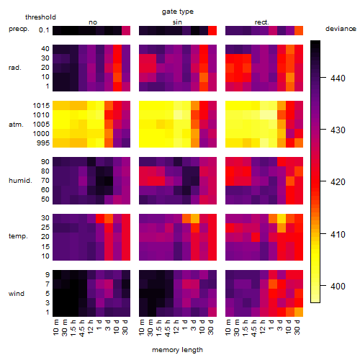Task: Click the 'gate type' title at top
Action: click(x=178, y=12)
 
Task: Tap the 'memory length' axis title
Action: click(x=177, y=350)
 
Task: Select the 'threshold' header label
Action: click(x=40, y=17)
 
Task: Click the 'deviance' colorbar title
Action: click(x=341, y=29)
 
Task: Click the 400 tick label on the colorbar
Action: click(x=338, y=286)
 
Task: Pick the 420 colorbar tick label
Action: click(x=338, y=182)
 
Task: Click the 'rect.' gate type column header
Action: click(x=261, y=22)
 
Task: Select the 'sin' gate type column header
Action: click(x=177, y=22)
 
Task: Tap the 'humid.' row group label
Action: click(x=20, y=181)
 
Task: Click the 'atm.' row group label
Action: click(x=16, y=125)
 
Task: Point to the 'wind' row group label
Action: click(x=17, y=294)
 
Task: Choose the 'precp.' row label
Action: click(x=19, y=29)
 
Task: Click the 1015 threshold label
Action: click(x=41, y=106)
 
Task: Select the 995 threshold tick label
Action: click(x=43, y=143)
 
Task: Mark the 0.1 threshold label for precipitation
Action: click(x=44, y=30)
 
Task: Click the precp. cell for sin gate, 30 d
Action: click(x=212, y=31)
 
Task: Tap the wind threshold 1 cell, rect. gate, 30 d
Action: click(x=299, y=312)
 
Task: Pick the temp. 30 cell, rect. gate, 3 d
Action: click(x=282, y=219)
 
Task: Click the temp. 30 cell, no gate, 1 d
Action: click(x=100, y=219)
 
